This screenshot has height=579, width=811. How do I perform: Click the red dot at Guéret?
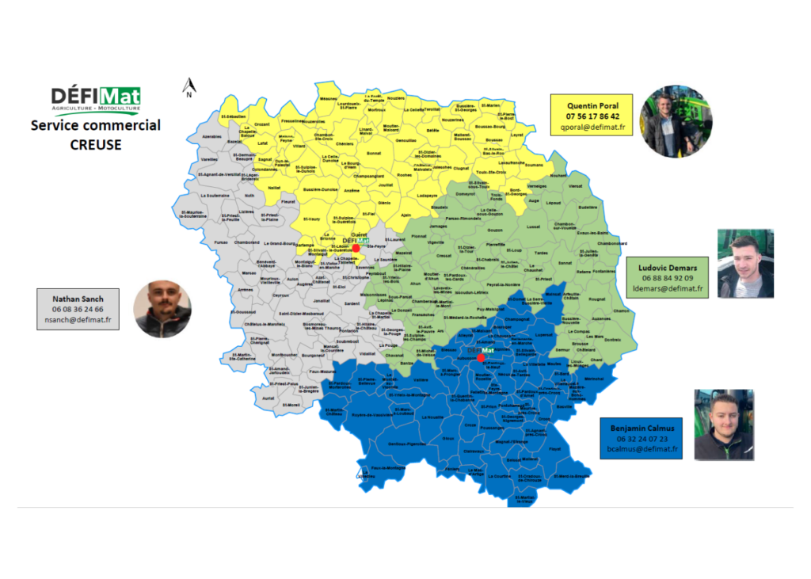tap(356, 248)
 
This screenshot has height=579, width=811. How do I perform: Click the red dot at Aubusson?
tap(481, 357)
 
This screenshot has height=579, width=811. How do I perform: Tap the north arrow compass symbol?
tap(189, 87)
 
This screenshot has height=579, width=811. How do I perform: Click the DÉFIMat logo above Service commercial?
tap(96, 98)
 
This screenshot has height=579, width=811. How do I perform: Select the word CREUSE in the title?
tap(96, 144)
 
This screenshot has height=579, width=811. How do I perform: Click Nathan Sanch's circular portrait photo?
tap(162, 309)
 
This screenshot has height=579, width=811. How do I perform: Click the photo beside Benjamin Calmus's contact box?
tap(724, 425)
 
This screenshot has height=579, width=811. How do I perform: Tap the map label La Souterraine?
tap(216, 196)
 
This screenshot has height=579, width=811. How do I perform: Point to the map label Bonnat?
tap(375, 152)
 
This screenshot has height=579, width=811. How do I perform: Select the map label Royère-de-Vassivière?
tap(371, 414)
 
